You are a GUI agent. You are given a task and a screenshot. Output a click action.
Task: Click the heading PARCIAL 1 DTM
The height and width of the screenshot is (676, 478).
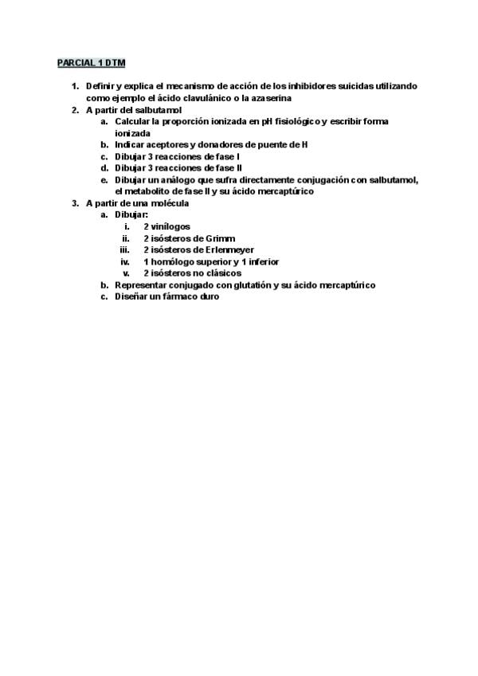click(92, 62)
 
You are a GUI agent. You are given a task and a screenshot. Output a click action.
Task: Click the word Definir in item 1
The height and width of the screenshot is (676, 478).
click(101, 86)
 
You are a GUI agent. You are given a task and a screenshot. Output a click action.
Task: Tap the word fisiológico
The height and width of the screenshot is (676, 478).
click(292, 121)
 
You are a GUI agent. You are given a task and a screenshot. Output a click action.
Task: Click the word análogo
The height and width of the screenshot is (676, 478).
click(182, 180)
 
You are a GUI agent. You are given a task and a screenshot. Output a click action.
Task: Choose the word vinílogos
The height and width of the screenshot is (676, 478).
click(173, 227)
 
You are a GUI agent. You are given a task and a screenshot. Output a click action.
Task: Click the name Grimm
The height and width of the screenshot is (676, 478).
click(221, 238)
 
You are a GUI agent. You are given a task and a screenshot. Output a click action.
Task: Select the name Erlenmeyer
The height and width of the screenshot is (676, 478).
click(232, 250)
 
